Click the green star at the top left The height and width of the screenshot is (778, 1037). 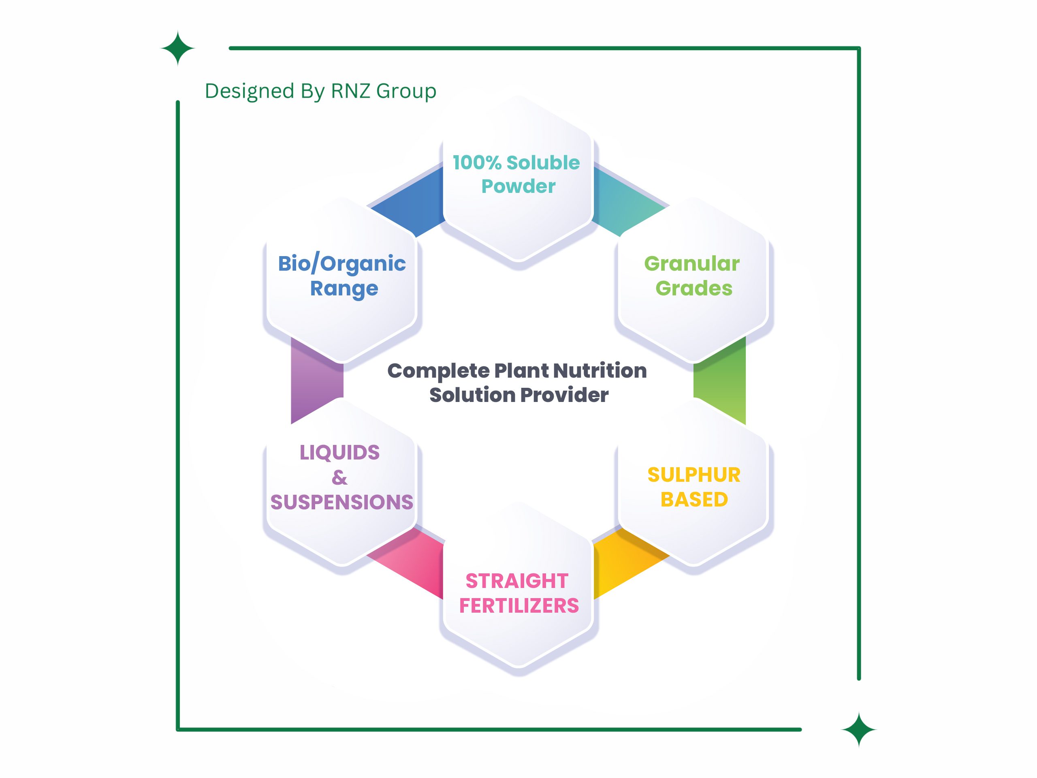click(x=178, y=48)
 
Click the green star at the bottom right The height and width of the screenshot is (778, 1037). click(x=858, y=729)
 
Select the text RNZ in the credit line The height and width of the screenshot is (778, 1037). click(x=351, y=91)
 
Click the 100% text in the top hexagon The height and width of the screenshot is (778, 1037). click(x=477, y=163)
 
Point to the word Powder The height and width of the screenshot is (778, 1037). click(x=518, y=186)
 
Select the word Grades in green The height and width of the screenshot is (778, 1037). click(x=693, y=288)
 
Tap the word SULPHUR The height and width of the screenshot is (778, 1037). click(x=694, y=475)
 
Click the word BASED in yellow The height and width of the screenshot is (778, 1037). click(x=694, y=500)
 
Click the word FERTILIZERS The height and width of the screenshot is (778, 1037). click(x=518, y=605)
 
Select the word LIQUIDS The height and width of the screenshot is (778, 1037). click(x=339, y=453)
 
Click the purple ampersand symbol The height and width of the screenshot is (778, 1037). click(x=339, y=477)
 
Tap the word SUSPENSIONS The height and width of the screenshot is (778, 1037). click(x=341, y=502)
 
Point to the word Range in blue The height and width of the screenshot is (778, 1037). click(x=344, y=289)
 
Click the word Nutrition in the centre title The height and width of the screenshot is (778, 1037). click(x=600, y=370)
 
